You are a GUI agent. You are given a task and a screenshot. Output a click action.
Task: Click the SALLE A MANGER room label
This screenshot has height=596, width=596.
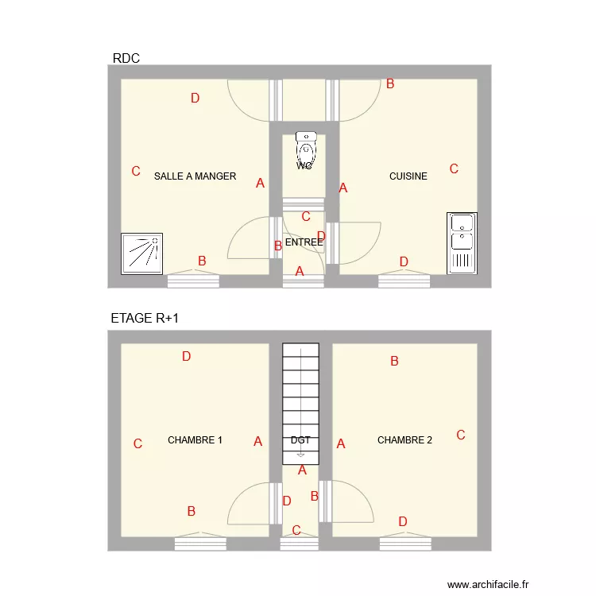[195, 176]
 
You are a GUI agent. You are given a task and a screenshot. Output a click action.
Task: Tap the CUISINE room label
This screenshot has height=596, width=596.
[408, 176]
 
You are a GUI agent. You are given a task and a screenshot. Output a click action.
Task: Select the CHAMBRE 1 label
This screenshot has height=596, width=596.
[195, 440]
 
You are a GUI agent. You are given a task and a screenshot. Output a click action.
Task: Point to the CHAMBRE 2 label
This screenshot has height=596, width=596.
[404, 440]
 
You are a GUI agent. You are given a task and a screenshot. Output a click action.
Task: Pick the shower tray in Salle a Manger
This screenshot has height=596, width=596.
[141, 253]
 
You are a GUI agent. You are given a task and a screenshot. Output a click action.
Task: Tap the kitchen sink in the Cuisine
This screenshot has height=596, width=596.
[462, 243]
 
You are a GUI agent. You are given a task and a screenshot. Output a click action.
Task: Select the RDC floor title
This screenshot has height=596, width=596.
[126, 58]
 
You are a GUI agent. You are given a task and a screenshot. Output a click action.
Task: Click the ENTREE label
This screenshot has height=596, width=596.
[304, 242]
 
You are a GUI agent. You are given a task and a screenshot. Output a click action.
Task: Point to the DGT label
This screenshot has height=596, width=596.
[300, 440]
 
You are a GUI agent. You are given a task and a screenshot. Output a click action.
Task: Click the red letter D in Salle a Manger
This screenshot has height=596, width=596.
[195, 99]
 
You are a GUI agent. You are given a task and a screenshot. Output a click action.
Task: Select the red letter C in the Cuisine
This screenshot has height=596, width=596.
[454, 168]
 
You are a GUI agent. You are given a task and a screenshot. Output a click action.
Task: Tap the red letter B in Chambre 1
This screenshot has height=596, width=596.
[192, 511]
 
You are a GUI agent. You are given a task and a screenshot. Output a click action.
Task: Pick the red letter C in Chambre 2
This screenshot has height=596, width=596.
[460, 435]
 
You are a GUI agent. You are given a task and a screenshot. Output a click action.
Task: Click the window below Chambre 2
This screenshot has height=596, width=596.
[404, 544]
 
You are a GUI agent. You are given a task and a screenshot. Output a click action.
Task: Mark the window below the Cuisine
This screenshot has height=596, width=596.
[404, 280]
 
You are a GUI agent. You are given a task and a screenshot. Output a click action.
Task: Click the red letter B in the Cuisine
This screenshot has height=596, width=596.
[390, 83]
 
